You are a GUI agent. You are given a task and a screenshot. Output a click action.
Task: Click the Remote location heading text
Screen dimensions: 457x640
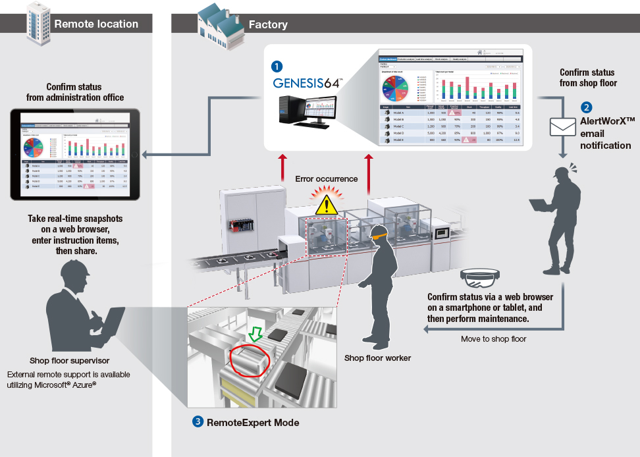pos(96,24)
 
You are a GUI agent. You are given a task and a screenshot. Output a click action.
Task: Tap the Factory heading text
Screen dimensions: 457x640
pos(268,24)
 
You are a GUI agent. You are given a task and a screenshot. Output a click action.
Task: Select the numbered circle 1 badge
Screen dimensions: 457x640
pos(277,66)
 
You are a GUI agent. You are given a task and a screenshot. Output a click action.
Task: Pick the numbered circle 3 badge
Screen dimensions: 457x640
pos(198,422)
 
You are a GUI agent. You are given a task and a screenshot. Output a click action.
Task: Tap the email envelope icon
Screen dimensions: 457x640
pos(562,126)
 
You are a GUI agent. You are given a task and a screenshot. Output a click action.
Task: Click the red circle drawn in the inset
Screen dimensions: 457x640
pos(248,362)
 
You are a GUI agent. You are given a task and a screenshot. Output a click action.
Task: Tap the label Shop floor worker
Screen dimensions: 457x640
pos(377,358)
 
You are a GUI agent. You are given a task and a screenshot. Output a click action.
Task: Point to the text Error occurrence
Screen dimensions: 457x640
pos(327,178)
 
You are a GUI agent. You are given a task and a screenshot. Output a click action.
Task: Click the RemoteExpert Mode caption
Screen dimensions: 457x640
pos(253,422)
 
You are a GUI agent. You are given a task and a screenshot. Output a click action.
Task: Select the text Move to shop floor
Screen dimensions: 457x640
pos(494,339)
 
